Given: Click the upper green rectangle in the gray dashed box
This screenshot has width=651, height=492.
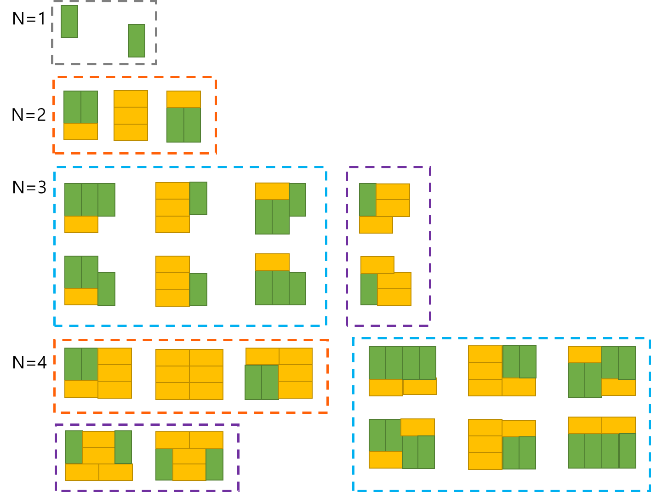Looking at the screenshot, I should click(x=69, y=22).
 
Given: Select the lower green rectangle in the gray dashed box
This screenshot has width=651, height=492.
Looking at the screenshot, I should click(x=137, y=40).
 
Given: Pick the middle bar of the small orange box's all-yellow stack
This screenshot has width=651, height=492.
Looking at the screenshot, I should click(x=131, y=115).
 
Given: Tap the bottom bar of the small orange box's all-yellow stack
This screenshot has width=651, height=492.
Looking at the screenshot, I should click(x=131, y=132).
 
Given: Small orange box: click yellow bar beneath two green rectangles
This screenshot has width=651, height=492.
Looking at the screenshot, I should click(x=80, y=132).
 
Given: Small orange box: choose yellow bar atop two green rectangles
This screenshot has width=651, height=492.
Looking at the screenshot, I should click(x=183, y=99).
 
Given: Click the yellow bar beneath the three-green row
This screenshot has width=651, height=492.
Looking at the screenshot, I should click(x=81, y=224).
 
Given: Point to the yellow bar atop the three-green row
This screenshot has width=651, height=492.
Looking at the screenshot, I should click(x=272, y=262).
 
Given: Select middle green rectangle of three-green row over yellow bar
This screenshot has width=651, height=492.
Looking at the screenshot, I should click(x=90, y=200).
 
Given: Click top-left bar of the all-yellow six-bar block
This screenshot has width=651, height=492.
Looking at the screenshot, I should click(x=172, y=358).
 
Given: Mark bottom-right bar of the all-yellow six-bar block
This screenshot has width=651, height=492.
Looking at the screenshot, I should click(x=206, y=391).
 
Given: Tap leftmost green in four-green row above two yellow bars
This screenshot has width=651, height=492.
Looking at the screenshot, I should click(x=377, y=363).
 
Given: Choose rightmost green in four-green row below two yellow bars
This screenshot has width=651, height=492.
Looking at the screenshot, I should click(x=628, y=451).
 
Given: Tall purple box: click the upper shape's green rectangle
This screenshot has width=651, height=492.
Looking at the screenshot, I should click(x=368, y=200).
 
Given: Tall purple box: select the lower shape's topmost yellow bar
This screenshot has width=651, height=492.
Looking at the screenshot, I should click(x=377, y=265).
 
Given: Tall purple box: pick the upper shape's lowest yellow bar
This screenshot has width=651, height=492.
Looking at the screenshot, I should click(x=376, y=225).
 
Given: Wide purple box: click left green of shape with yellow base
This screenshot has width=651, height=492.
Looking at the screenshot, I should click(x=74, y=447).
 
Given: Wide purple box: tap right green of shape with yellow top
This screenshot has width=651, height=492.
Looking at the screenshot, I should click(x=214, y=464).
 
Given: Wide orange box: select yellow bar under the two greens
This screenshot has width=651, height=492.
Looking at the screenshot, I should click(x=81, y=389).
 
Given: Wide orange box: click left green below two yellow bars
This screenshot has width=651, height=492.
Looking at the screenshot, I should click(x=253, y=382).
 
